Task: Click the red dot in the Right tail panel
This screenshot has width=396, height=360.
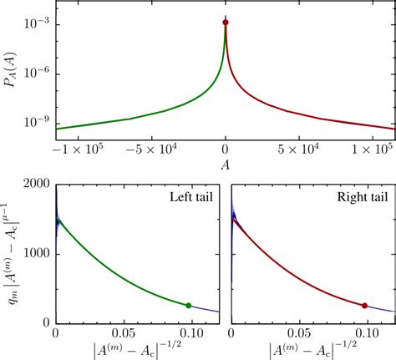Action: [x=364, y=306]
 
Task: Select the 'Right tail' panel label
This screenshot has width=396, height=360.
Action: [x=356, y=197]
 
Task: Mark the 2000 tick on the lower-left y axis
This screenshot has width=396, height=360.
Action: [x=33, y=182]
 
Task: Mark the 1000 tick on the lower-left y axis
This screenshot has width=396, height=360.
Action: [x=33, y=252]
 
